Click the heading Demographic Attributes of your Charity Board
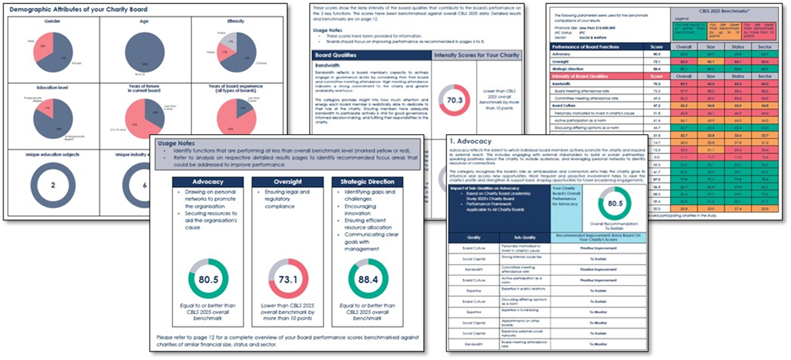click(x=79, y=10)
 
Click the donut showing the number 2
click(x=52, y=185)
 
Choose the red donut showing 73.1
click(x=288, y=279)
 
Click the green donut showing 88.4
click(x=368, y=279)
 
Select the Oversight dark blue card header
click(x=288, y=182)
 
